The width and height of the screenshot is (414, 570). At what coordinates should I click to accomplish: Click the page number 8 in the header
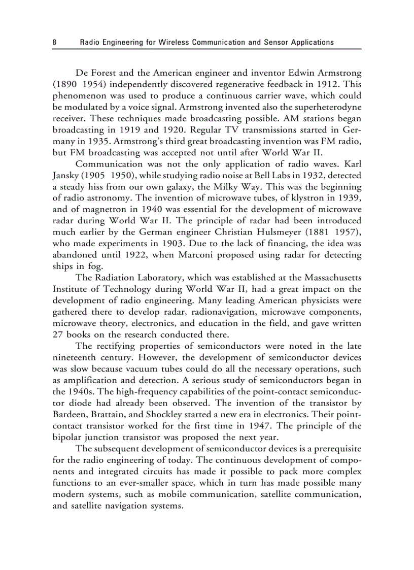pos(54,42)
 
